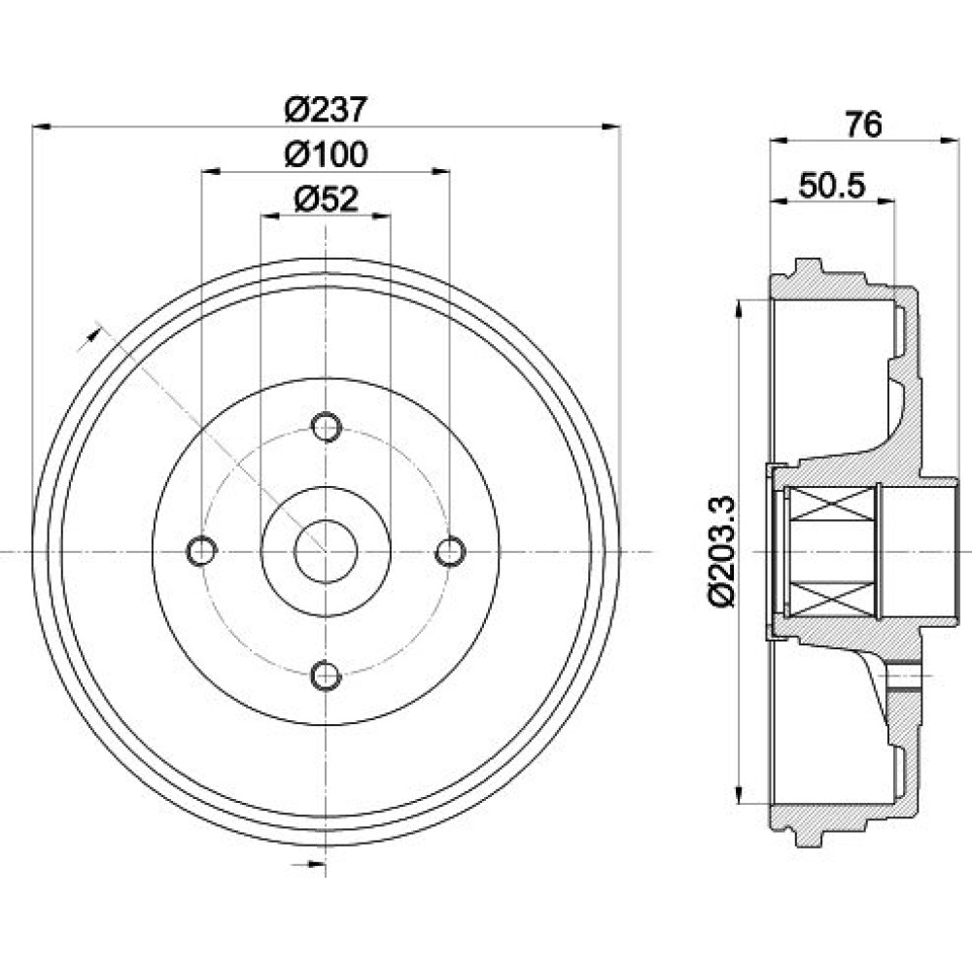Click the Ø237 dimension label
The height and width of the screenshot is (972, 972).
tap(326, 111)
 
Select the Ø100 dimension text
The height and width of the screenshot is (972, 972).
tap(326, 154)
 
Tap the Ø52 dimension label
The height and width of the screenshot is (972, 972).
tap(326, 199)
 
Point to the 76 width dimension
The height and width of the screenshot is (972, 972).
tap(863, 124)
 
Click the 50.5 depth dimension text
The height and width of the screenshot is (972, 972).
tap(832, 185)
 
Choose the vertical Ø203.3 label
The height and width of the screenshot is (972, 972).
tap(721, 551)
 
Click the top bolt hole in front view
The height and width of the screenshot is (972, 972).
tap(326, 427)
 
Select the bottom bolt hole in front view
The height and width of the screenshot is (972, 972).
tap(326, 676)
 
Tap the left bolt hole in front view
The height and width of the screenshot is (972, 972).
tap(201, 550)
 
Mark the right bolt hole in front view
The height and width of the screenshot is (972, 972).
tap(451, 550)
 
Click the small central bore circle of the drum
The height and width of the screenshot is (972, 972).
tap(326, 551)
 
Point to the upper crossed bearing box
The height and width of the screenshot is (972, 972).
tap(831, 503)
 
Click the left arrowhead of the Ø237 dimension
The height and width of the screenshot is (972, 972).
tap(41, 126)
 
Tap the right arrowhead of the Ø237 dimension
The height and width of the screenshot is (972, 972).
tap(611, 126)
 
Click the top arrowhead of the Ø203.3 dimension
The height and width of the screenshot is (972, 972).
tap(739, 309)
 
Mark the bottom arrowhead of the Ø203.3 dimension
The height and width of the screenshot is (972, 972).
tap(739, 793)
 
